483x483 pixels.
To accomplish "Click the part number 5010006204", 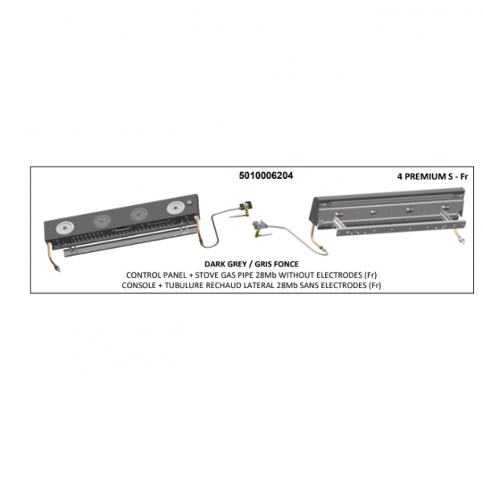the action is [x=266, y=175].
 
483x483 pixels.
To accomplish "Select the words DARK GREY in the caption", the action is [x=225, y=264].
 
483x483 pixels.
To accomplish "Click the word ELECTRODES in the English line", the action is [x=339, y=275].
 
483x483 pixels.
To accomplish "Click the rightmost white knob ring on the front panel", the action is [x=175, y=208].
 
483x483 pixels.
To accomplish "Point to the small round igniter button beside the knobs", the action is [x=189, y=203].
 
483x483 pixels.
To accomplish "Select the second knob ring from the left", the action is [x=101, y=221].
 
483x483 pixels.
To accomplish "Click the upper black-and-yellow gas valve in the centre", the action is [x=246, y=206].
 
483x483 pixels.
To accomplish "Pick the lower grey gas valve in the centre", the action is [x=260, y=226].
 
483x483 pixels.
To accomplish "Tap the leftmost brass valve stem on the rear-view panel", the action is [x=340, y=214].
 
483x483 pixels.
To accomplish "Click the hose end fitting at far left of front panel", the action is [x=58, y=269].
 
